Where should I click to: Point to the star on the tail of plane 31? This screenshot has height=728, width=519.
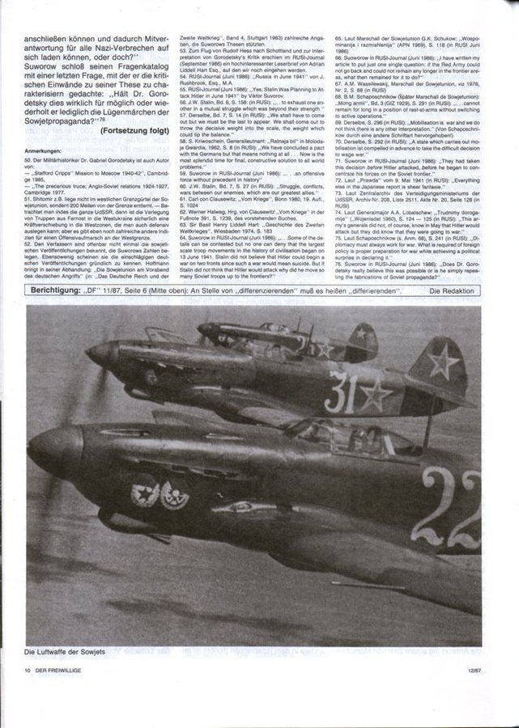tap(445, 362)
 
